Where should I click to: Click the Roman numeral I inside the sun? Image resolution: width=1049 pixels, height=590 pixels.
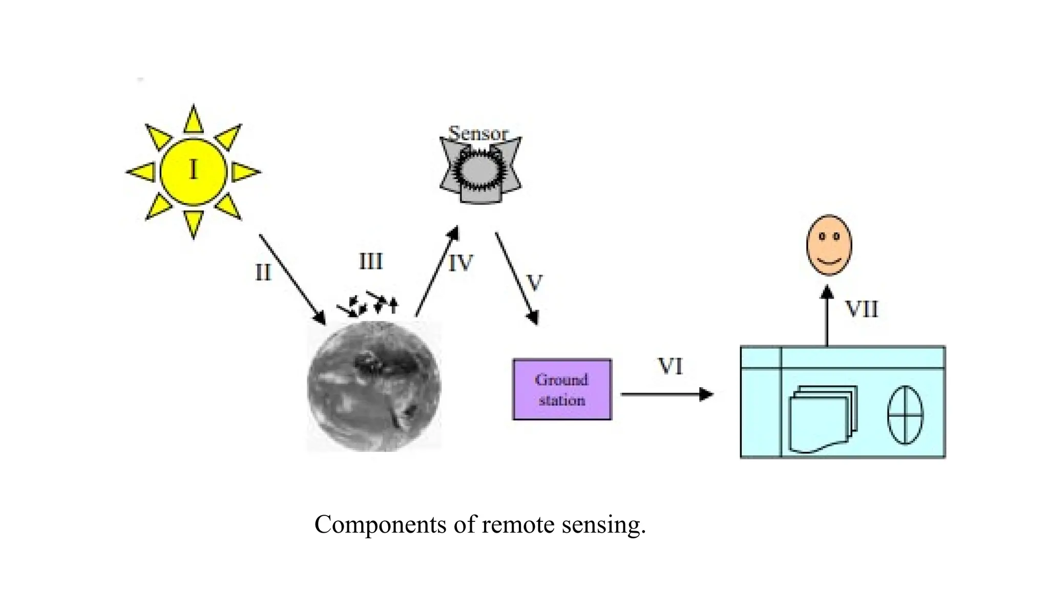[193, 170]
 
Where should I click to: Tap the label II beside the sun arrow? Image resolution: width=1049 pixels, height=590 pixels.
[263, 272]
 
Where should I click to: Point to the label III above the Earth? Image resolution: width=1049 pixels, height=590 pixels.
[370, 262]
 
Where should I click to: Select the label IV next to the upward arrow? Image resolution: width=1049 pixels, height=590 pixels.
[460, 264]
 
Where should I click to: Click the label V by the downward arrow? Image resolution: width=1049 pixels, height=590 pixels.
[534, 283]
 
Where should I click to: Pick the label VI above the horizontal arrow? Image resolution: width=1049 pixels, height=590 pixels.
[670, 367]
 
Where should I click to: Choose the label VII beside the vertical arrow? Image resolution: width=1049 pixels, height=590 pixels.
[861, 309]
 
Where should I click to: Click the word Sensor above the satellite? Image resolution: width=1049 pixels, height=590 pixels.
[478, 133]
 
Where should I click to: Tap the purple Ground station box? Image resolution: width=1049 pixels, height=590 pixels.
[562, 390]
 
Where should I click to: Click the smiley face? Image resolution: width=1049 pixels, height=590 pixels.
[829, 245]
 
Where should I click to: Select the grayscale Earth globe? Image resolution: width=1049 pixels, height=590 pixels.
[374, 387]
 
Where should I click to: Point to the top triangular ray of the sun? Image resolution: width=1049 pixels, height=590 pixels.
[193, 120]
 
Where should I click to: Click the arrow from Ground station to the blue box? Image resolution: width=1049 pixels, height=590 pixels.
[666, 394]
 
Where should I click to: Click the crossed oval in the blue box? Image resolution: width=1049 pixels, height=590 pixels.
[905, 415]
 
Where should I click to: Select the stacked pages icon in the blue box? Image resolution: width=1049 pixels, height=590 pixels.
[823, 419]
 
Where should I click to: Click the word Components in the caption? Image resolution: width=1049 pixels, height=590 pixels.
[380, 525]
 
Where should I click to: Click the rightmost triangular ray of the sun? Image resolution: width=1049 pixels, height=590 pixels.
[244, 172]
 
